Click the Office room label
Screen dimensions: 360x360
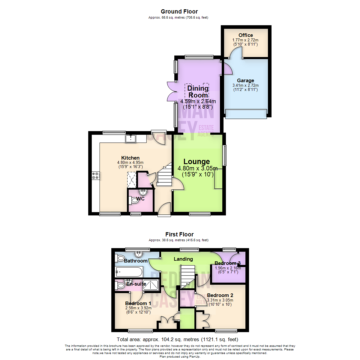pos(246,35)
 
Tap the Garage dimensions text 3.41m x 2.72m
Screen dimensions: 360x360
pos(245,85)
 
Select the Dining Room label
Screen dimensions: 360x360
pos(198,92)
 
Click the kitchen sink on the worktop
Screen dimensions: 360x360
pos(131,138)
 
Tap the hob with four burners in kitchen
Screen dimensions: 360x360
pos(95,175)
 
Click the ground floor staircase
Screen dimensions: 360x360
pos(164,176)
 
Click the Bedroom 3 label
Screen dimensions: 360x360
pos(228,263)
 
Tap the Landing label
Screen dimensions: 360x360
pos(183,259)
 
